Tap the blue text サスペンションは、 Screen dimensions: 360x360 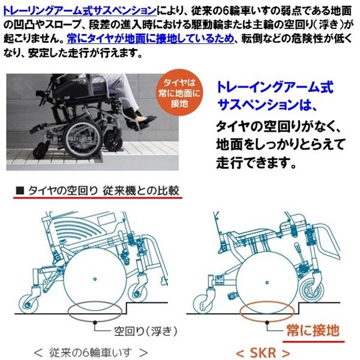click(x=265, y=106)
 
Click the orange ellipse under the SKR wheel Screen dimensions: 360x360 click(x=265, y=313)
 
